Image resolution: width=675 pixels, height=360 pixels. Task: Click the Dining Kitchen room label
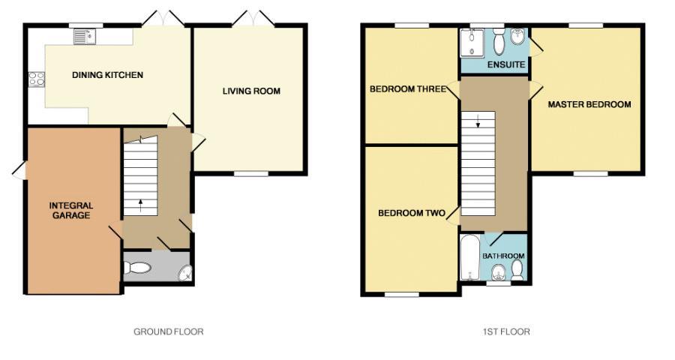[x=107, y=75]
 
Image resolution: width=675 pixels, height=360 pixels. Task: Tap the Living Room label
[x=251, y=91]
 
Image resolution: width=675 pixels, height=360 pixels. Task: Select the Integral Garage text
[x=71, y=210]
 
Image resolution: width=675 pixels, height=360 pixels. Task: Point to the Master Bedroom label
[x=589, y=104]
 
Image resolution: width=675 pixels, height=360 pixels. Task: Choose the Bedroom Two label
[x=411, y=213]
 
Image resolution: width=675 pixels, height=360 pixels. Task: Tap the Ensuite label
[x=506, y=65]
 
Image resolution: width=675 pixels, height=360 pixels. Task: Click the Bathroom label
[x=503, y=256]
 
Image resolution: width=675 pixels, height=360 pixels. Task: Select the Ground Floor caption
[x=168, y=331]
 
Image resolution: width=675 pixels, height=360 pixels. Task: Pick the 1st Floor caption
[x=508, y=331]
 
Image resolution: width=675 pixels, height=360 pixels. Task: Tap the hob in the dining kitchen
[x=34, y=78]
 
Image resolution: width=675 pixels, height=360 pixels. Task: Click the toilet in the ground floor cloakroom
[x=137, y=268]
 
